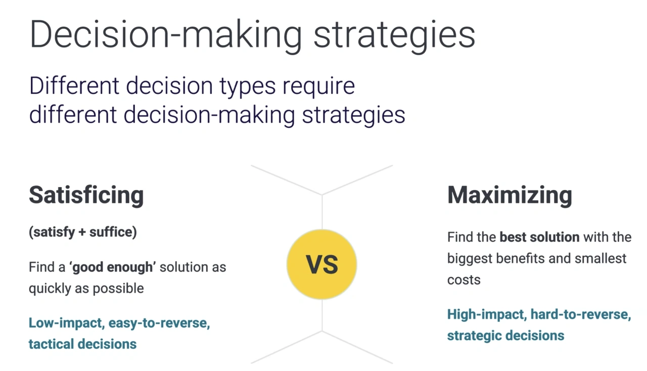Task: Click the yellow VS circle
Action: [321, 264]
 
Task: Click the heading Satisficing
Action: [86, 195]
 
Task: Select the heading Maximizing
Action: [510, 195]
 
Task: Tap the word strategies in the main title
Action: [394, 34]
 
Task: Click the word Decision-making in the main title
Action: [166, 34]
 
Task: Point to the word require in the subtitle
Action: [318, 86]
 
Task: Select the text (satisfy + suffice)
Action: [83, 233]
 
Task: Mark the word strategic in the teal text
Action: [470, 335]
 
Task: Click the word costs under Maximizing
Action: [464, 280]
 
